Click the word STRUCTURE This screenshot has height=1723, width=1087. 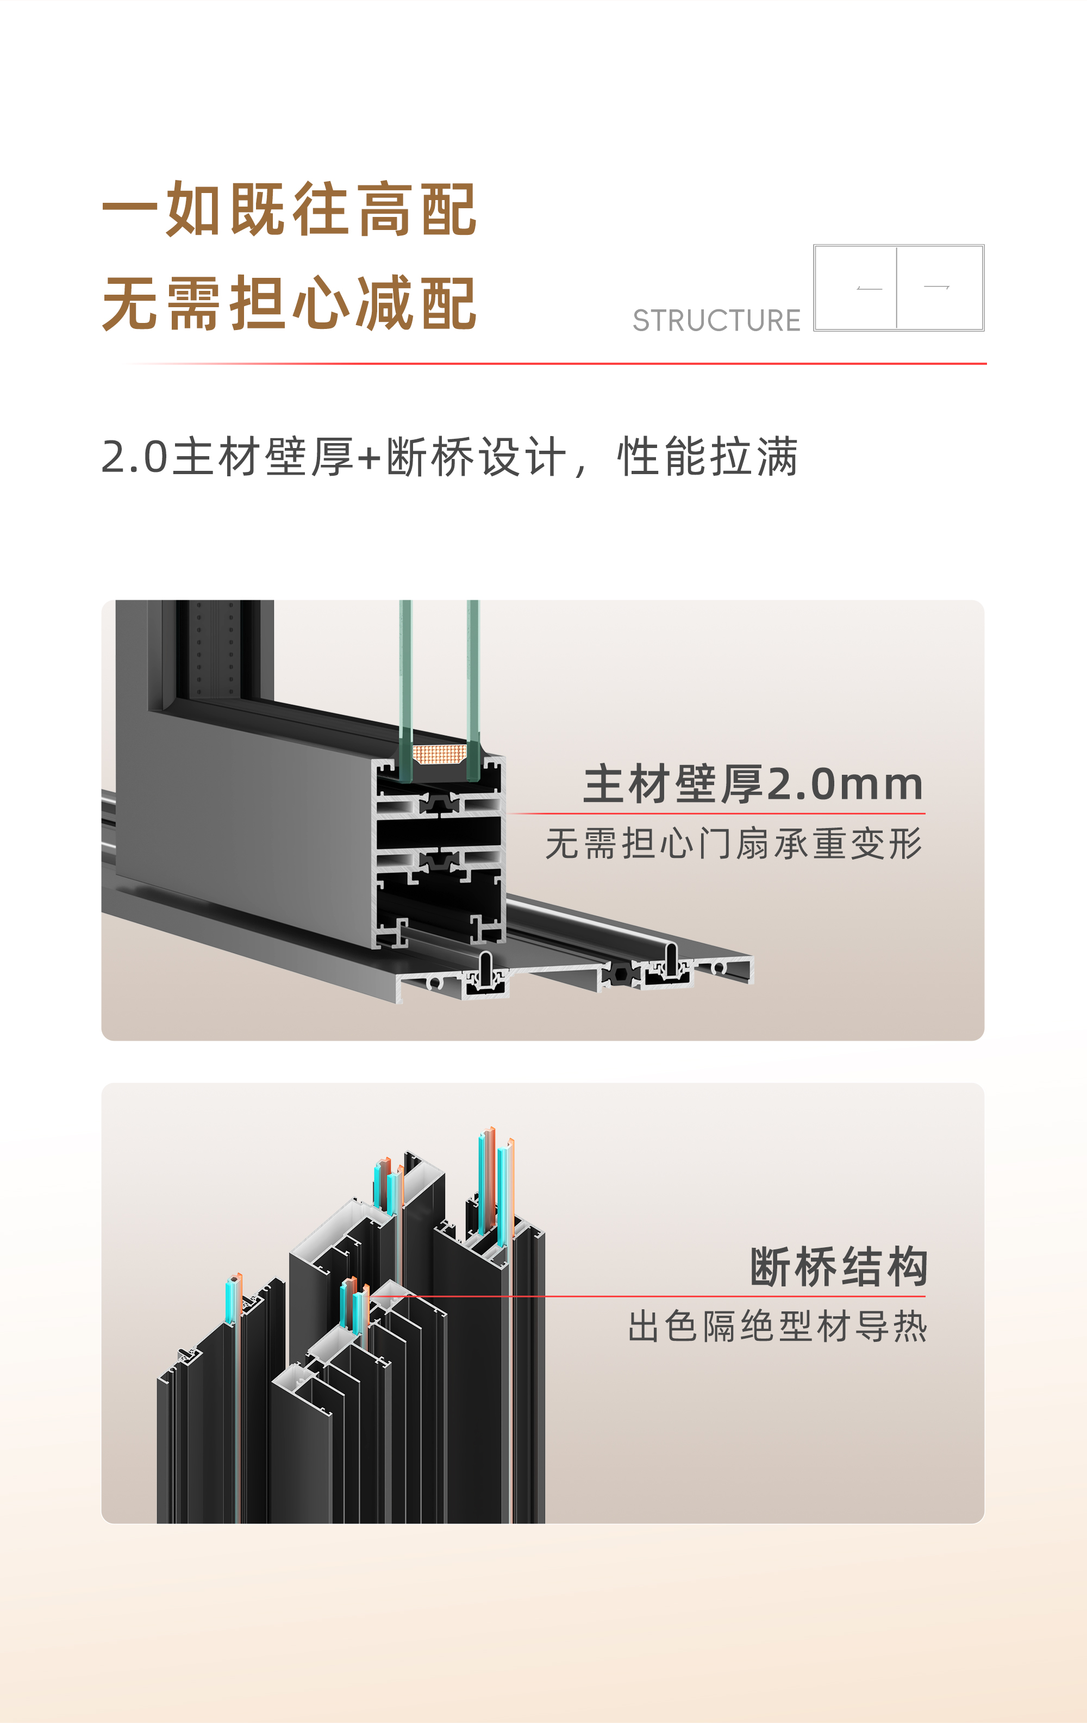tap(716, 321)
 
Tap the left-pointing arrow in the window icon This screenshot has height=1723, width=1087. tap(869, 288)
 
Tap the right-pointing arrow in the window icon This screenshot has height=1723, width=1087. tap(936, 286)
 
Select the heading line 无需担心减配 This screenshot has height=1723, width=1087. tap(289, 303)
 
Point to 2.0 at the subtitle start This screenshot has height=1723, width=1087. tap(134, 457)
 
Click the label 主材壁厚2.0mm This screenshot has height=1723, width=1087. tap(753, 783)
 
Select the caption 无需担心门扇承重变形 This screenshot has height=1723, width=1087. tap(734, 843)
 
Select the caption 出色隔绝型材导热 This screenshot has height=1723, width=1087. tap(777, 1326)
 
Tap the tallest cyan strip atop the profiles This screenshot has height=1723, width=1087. tap(482, 1180)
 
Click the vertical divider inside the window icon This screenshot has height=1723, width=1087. tap(896, 288)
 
